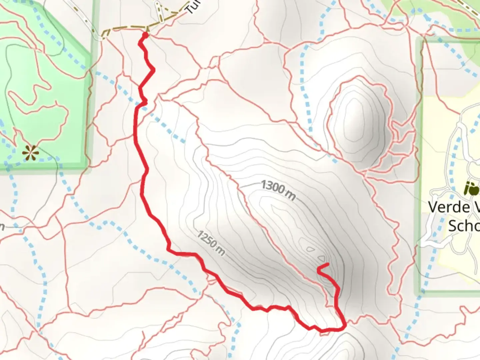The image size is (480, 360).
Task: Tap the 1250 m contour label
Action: coord(211,243)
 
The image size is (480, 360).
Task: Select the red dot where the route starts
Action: coord(145,35)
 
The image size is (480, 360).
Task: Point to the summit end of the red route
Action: coord(328,264)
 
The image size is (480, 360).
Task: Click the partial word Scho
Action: coord(464,226)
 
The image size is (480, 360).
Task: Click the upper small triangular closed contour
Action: coord(310,249)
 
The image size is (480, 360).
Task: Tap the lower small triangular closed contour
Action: coord(322,258)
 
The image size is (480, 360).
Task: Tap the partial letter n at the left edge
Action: coord(2,227)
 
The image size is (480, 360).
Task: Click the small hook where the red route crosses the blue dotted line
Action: coord(144,101)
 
